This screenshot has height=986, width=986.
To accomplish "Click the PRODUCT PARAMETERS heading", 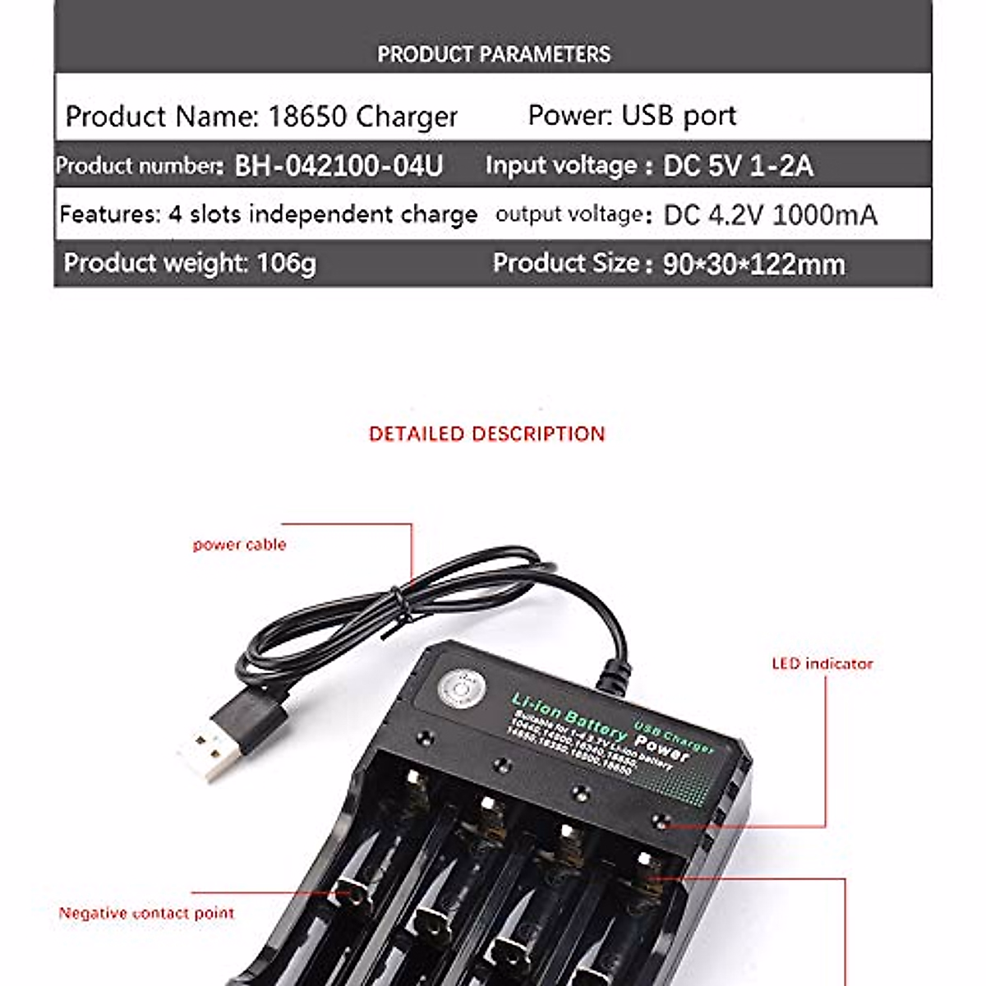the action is point(493,54).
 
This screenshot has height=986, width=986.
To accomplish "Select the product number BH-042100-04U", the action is point(339,166).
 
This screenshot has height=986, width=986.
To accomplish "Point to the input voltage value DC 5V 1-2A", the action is point(738,166).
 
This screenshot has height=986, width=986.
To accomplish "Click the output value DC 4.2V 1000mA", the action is point(770,215).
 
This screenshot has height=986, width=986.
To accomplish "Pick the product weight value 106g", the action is point(286,264).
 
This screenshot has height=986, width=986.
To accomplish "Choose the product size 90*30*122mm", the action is point(753,265).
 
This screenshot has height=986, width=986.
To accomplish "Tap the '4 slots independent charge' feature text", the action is point(323,214).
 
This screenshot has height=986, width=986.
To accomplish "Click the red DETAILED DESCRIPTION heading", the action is point(486,434).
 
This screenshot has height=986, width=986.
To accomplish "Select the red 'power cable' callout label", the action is point(239,545).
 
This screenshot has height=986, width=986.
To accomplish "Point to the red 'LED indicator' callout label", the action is point(822,664).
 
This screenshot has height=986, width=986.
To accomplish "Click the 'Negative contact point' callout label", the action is point(146,913).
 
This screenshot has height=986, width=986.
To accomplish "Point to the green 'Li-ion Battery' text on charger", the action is point(567,716).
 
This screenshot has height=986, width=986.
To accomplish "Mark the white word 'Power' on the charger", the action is point(662,747).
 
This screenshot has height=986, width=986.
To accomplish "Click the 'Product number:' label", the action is point(139,166).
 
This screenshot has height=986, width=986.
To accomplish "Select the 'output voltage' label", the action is point(569,215).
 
